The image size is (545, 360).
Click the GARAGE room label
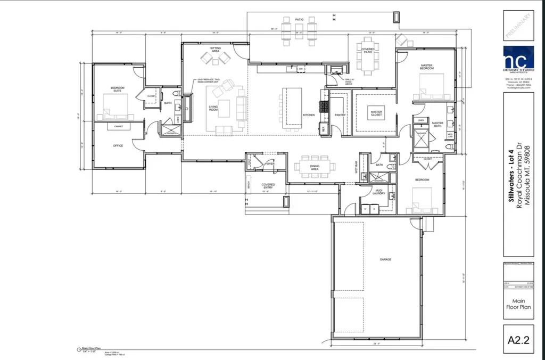(x=385, y=259)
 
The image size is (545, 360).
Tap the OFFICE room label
(x=118, y=145)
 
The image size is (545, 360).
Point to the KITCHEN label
(x=309, y=115)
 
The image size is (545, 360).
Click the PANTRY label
(x=341, y=115)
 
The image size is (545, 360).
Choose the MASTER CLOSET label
(x=377, y=113)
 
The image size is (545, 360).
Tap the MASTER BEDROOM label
(x=426, y=67)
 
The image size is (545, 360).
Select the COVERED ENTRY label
(x=268, y=186)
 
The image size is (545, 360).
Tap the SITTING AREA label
(x=215, y=50)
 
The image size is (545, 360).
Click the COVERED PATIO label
(x=368, y=51)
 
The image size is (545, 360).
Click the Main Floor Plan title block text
(x=518, y=305)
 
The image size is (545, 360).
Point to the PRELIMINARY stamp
(x=518, y=25)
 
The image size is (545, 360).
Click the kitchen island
(x=292, y=108)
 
